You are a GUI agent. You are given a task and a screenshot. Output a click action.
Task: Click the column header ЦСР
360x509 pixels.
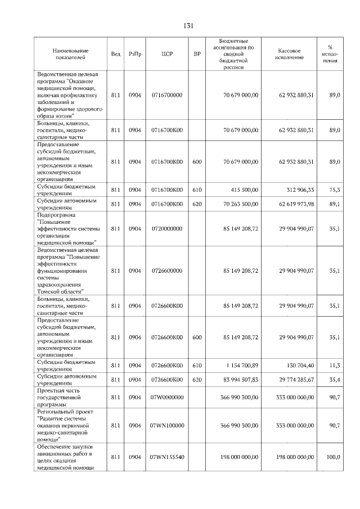click(166, 54)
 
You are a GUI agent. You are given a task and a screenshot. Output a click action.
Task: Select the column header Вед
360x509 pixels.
click(116, 54)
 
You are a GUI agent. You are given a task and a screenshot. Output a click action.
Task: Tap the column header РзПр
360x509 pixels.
click(135, 54)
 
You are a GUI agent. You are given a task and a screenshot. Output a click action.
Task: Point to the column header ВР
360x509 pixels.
click(197, 54)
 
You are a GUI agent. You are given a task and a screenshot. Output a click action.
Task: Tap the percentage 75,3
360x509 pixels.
click(334, 190)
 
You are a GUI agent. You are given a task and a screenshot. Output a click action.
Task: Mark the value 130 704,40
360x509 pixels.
click(298, 366)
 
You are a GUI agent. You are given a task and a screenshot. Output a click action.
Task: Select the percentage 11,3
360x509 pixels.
click(334, 366)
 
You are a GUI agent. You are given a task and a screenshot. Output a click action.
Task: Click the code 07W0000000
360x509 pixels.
click(167, 397)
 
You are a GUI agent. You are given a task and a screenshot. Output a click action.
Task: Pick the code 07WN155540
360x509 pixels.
click(167, 457)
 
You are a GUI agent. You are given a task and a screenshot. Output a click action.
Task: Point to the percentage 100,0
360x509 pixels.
click(333, 457)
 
